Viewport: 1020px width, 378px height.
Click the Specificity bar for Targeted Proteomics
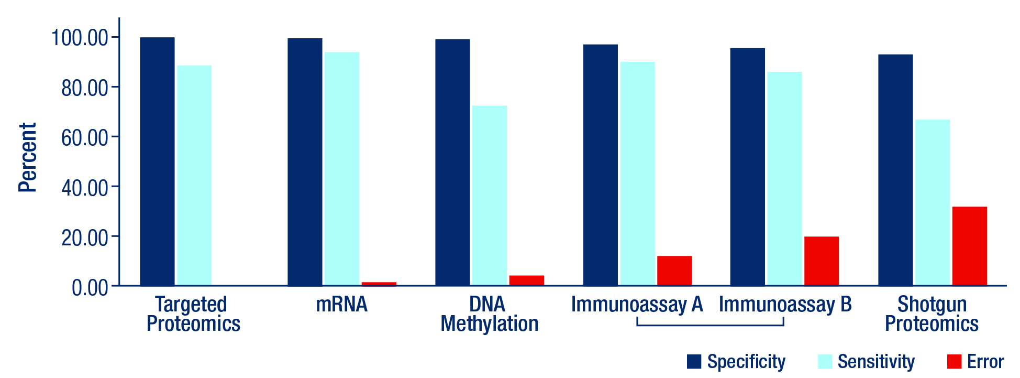157,161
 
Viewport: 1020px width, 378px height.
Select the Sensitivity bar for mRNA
342,169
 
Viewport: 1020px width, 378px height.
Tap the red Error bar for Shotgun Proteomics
969,246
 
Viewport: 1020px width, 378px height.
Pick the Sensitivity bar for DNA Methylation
489,196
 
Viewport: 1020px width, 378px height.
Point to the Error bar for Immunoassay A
674,271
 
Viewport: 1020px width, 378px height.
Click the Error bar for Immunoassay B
822,261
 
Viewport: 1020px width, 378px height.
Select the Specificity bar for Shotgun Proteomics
895,170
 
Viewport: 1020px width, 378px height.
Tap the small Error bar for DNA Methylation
526,280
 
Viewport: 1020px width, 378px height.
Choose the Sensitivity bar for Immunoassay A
637,174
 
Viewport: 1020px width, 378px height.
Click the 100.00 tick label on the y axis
80,38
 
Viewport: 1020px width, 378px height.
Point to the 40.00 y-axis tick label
85,188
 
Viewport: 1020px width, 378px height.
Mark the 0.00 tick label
90,287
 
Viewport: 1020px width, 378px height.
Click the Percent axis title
27,157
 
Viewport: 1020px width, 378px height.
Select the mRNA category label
342,305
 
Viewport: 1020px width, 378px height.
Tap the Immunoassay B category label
785,305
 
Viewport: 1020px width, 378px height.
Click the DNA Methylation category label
490,314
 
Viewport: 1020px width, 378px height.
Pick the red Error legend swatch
955,361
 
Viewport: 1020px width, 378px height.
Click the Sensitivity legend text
876,362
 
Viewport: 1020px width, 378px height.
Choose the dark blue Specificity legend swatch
694,361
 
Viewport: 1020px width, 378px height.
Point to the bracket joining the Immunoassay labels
711,325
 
